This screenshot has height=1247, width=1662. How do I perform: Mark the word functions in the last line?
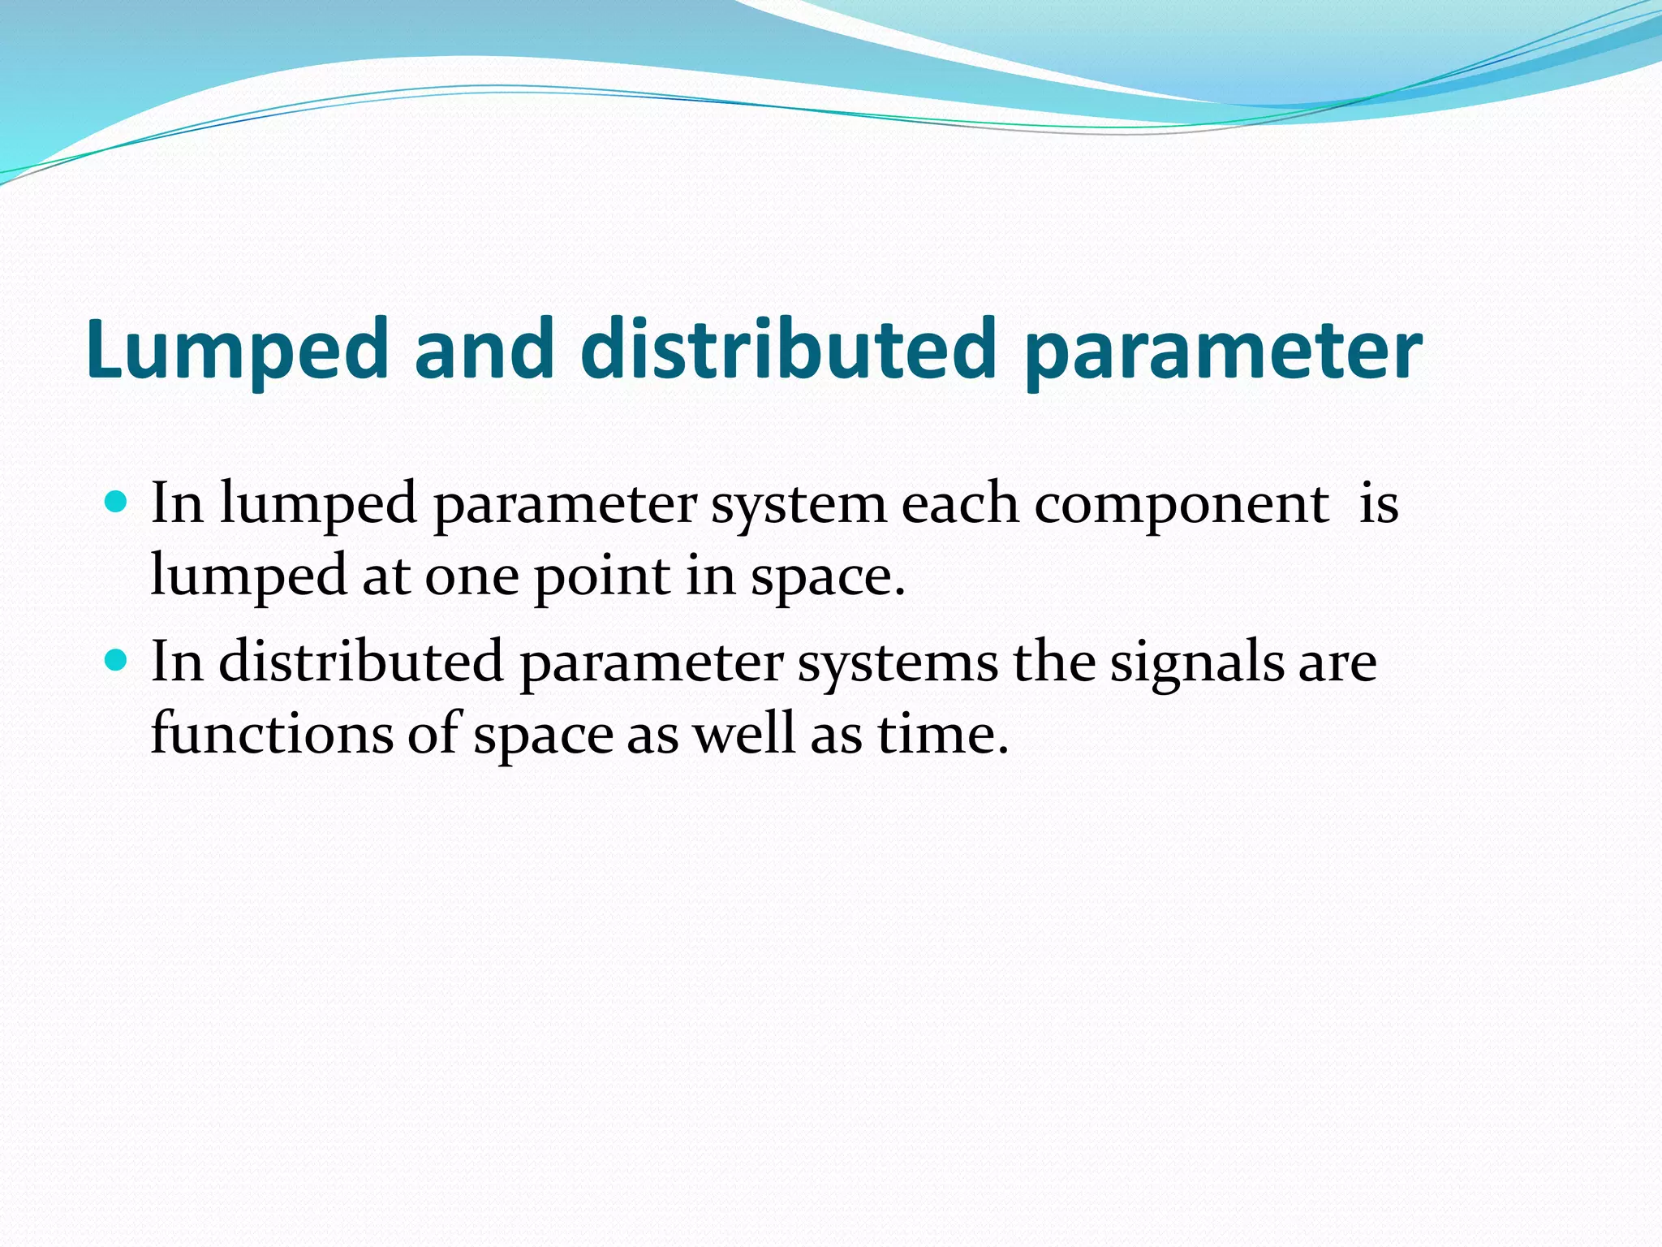pos(272,733)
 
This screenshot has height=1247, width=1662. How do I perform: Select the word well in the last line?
pos(743,733)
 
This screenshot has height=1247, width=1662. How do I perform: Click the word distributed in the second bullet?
pos(361,662)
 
